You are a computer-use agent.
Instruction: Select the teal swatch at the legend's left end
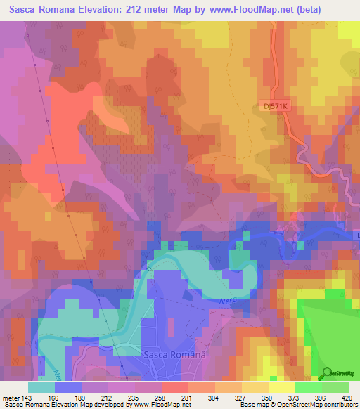coord(41,388)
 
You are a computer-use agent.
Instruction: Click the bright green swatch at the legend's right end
coord(335,388)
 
